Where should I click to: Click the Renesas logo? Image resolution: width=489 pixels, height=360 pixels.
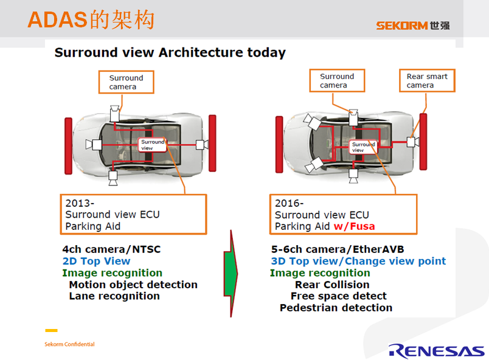pos(436,350)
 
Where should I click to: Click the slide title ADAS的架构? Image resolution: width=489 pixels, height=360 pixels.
pos(91,19)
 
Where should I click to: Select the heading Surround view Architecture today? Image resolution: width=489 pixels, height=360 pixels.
pos(170,52)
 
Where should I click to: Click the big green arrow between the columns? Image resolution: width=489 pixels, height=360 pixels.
pos(231,273)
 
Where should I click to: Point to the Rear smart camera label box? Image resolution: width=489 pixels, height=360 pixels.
pos(427,81)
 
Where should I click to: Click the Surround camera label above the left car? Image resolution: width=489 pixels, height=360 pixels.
pos(127,82)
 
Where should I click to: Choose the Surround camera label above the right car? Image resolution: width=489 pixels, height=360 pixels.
pos(337,81)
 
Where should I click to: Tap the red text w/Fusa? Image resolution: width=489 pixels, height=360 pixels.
pos(354,226)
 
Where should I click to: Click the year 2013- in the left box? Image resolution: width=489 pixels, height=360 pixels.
pos(80,203)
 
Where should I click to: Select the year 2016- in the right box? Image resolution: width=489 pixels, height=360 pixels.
pos(290,203)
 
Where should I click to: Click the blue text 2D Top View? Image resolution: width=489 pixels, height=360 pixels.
pos(96,261)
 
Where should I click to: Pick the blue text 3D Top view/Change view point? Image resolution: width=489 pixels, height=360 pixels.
pos(358,261)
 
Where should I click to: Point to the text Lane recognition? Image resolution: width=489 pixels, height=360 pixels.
pos(114,296)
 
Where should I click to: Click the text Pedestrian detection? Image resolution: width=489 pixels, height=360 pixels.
pos(336,308)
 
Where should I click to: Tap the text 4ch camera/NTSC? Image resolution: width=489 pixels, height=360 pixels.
pos(111,250)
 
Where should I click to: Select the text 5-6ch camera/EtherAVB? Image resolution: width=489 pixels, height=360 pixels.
pos(338,250)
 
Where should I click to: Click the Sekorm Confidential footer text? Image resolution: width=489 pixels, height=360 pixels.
pos(69,344)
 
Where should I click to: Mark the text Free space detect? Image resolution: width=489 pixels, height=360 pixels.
pos(338,296)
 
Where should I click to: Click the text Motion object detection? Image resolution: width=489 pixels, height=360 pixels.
pos(133,285)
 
